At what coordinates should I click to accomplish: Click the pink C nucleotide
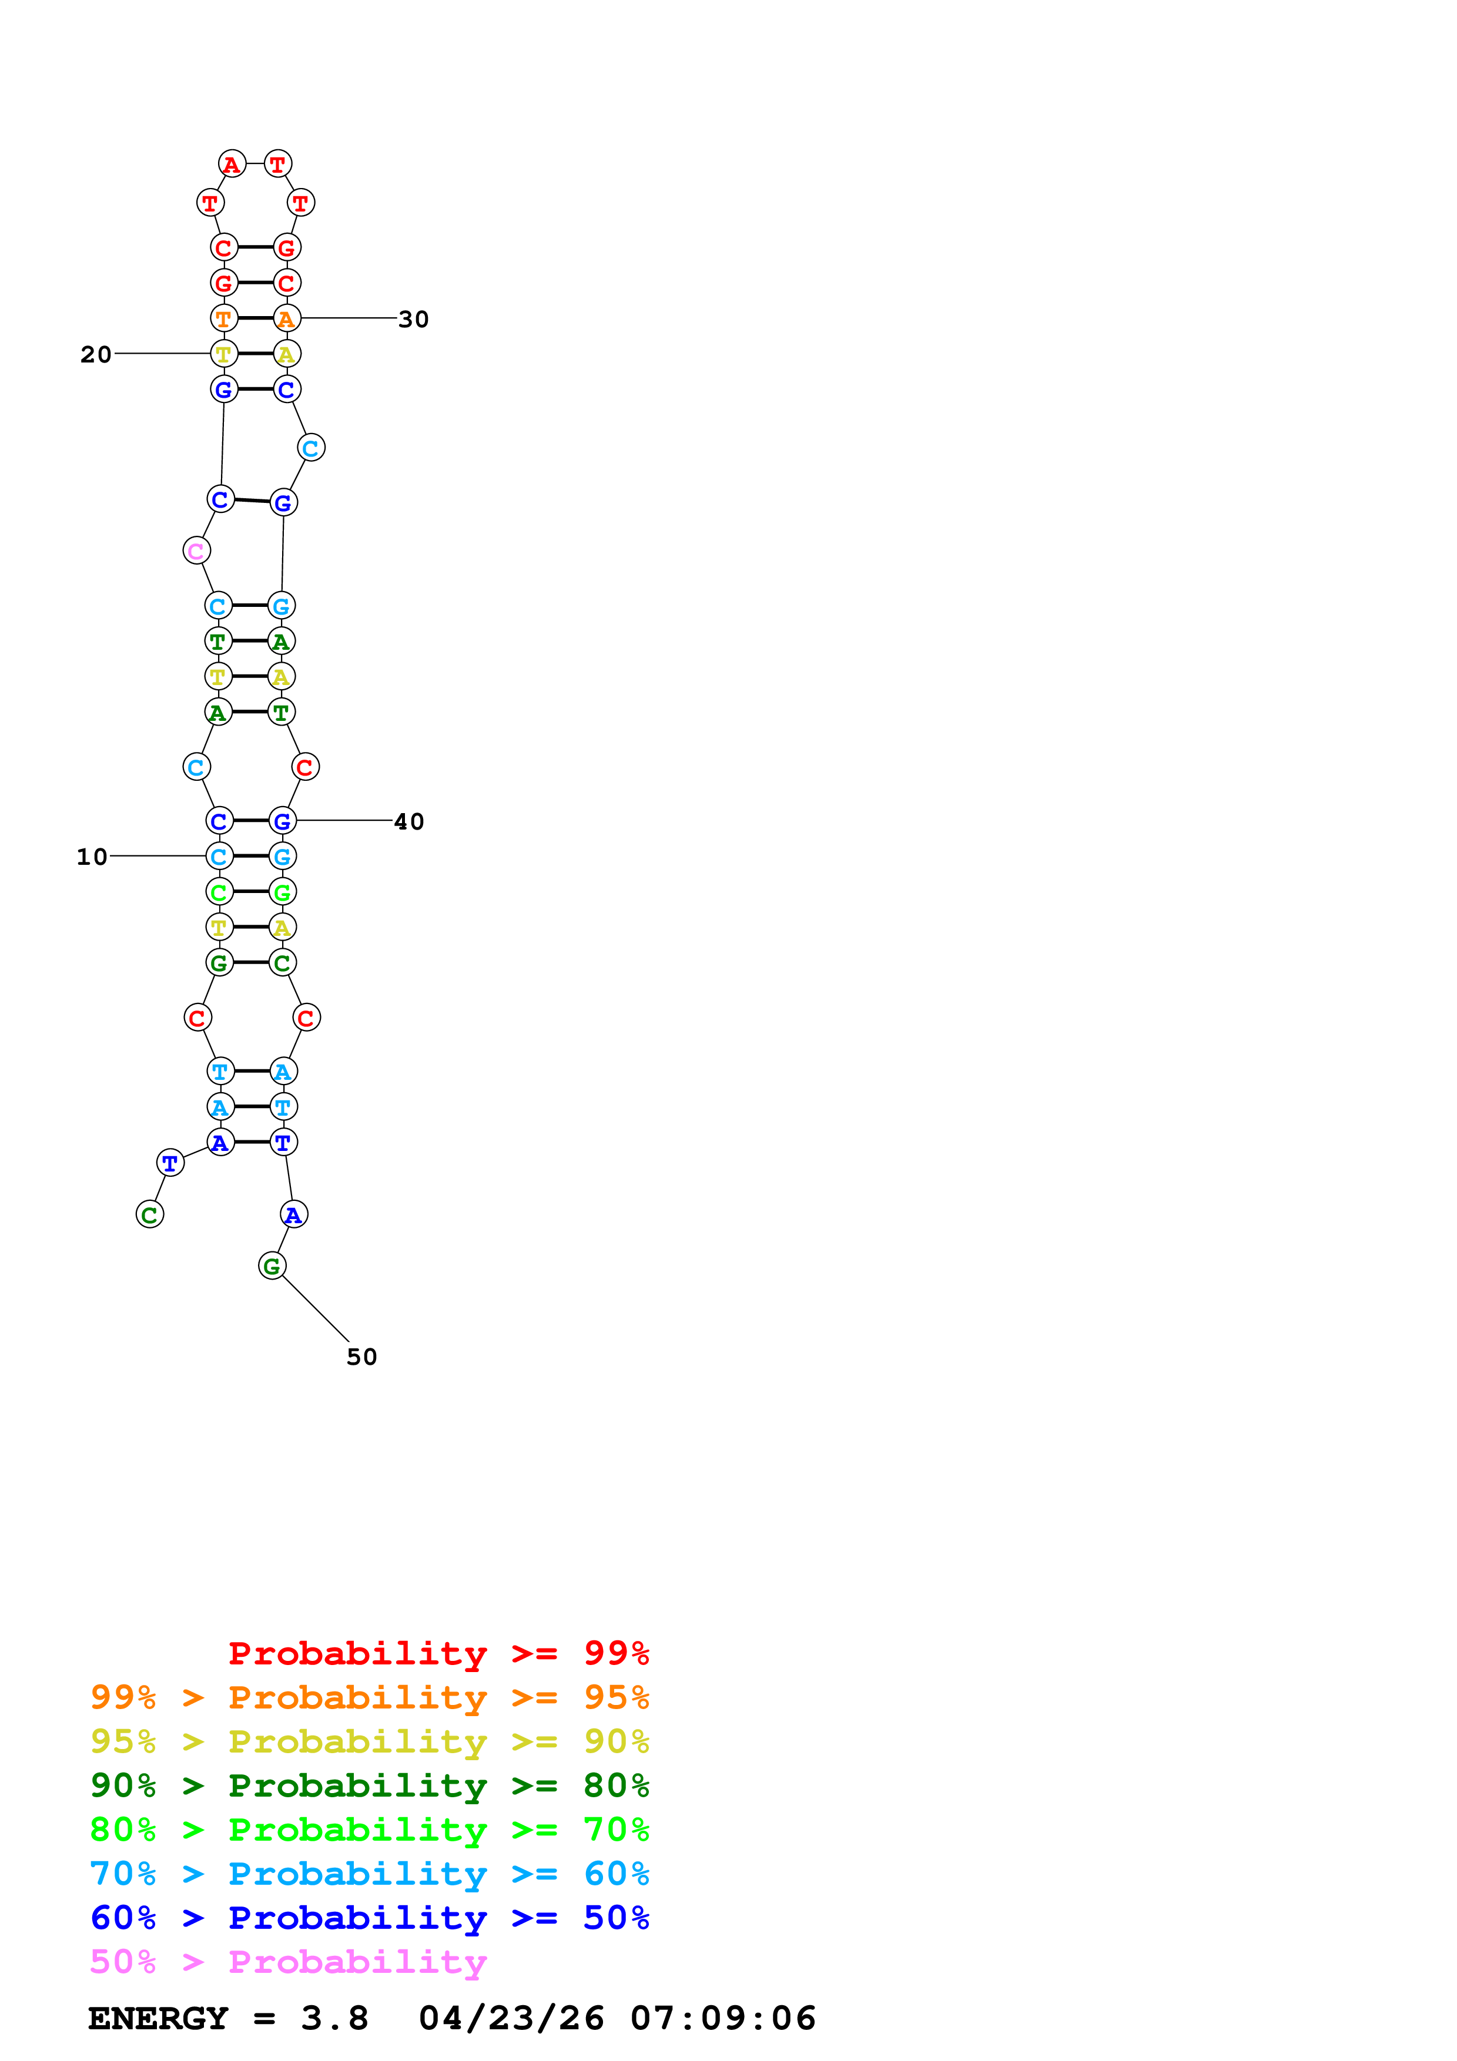coord(197,551)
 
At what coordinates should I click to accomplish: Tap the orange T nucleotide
coord(223,318)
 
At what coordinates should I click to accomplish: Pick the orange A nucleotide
coord(286,318)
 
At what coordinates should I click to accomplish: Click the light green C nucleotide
coord(219,891)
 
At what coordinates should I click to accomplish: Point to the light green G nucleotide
coord(282,891)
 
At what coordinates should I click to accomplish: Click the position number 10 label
coord(92,857)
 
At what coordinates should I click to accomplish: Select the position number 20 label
coord(96,355)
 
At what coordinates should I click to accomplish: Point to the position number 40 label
coord(410,821)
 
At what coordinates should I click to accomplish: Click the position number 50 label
coord(362,1357)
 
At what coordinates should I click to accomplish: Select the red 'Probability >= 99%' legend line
coord(439,1653)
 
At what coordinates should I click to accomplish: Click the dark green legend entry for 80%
coord(370,1785)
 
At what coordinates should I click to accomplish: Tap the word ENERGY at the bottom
coord(158,2018)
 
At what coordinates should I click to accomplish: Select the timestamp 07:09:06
coord(724,2018)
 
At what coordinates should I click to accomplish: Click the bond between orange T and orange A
coord(255,318)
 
